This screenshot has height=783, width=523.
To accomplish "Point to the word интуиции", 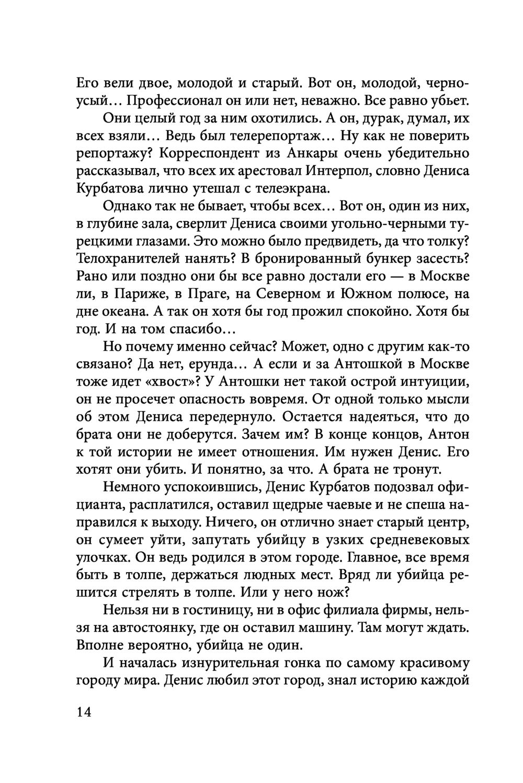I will tap(424, 382).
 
